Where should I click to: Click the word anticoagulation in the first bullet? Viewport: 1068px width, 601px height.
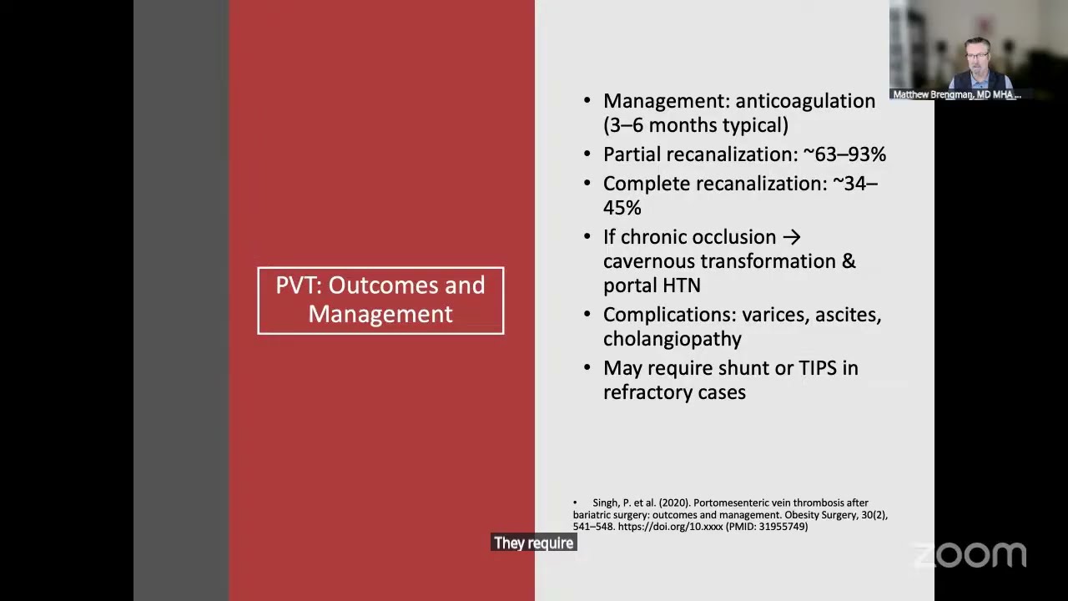coord(805,101)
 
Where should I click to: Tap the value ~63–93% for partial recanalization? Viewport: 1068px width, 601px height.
coord(845,154)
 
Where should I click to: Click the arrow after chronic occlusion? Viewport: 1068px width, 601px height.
coord(792,237)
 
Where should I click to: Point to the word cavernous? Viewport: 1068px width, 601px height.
coord(647,261)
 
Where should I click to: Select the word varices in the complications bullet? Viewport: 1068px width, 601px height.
coord(773,315)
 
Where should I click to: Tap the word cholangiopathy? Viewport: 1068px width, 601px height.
coord(673,339)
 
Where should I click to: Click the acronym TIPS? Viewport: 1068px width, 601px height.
coord(818,368)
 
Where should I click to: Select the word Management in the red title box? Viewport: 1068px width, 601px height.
coord(380,315)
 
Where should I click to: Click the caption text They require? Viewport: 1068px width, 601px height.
coord(533,543)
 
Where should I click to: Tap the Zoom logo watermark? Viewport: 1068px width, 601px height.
coord(970,555)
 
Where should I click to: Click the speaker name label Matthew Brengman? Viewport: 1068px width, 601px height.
coord(933,94)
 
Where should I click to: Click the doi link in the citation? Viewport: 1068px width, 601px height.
coord(670,527)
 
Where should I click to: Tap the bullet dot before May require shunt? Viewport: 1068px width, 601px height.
coord(587,368)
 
